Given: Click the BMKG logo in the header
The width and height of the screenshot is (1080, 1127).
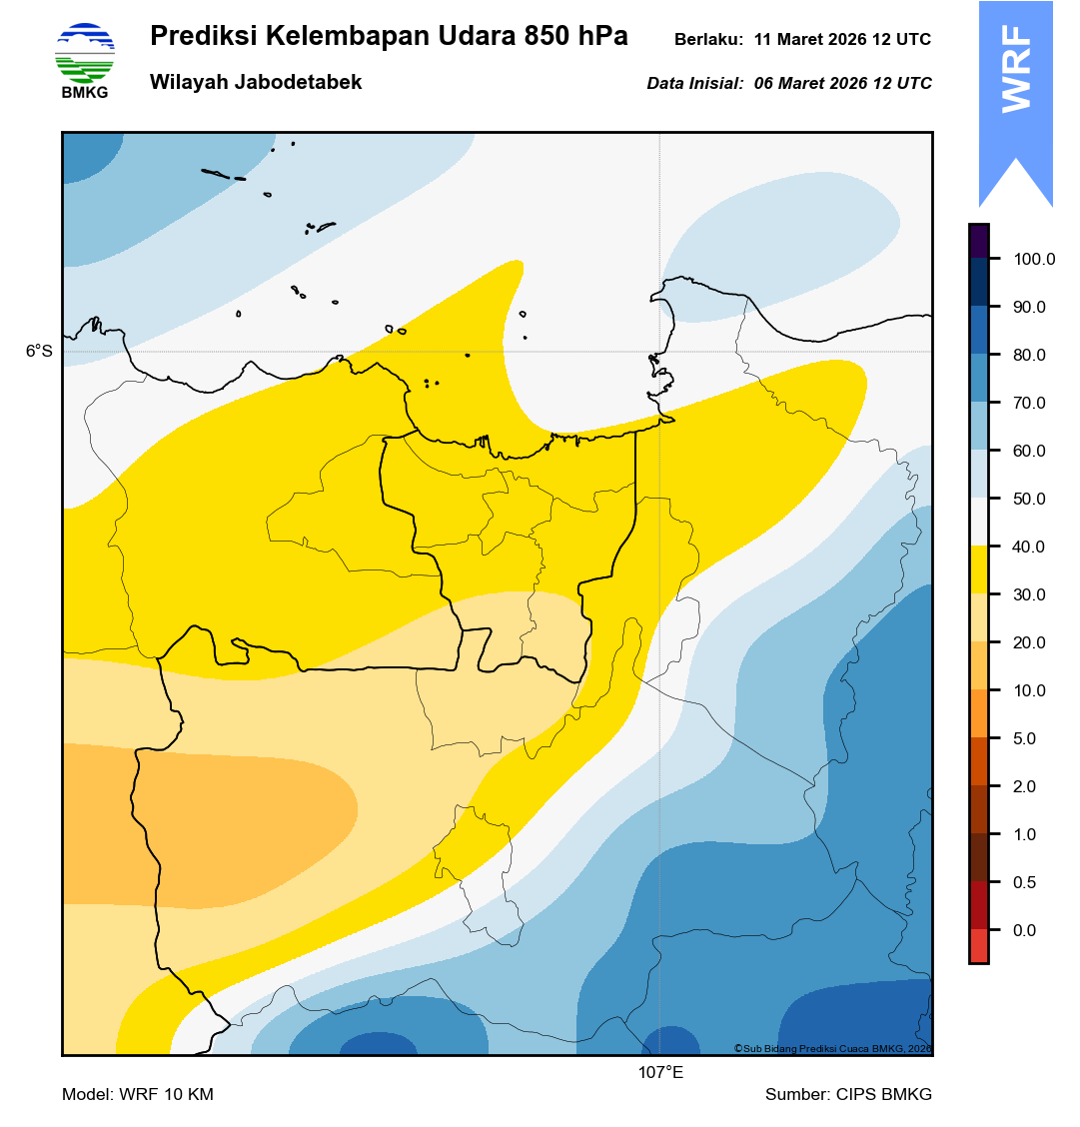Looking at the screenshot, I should click(85, 61).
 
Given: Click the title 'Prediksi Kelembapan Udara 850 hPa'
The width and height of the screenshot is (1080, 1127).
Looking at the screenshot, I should click(389, 37).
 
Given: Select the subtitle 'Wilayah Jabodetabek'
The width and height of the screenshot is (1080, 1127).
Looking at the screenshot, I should click(256, 83).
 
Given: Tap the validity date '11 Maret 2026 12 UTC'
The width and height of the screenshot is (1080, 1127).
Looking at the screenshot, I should click(842, 40).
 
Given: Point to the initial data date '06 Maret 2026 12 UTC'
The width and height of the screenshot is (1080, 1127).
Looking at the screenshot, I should click(842, 84).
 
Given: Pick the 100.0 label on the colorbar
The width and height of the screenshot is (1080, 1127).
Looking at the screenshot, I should click(1034, 260).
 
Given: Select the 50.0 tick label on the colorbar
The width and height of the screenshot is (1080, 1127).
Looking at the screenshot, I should click(1029, 500).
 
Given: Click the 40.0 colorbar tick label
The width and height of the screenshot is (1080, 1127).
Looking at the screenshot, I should click(1029, 548).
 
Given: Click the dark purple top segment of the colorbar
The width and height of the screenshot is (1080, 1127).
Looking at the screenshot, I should click(979, 241).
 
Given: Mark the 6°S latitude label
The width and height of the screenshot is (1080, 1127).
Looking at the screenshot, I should click(39, 352).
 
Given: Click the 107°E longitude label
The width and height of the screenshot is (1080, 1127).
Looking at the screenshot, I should click(660, 1074).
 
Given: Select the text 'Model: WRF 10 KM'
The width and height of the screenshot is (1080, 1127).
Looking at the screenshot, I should click(138, 1095).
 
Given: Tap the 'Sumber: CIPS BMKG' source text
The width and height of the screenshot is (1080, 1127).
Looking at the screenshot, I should click(848, 1095).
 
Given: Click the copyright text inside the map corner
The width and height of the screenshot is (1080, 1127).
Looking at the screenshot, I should click(832, 1048).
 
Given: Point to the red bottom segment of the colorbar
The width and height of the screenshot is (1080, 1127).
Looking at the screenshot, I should click(979, 945).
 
